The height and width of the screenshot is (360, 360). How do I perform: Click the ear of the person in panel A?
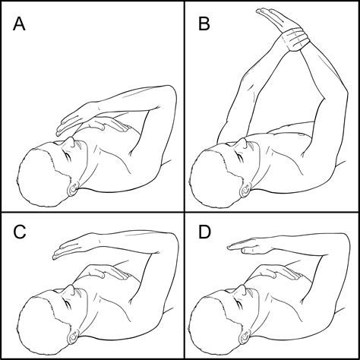74,185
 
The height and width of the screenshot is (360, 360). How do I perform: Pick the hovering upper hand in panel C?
72,245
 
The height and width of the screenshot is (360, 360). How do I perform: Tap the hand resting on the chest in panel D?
273,271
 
